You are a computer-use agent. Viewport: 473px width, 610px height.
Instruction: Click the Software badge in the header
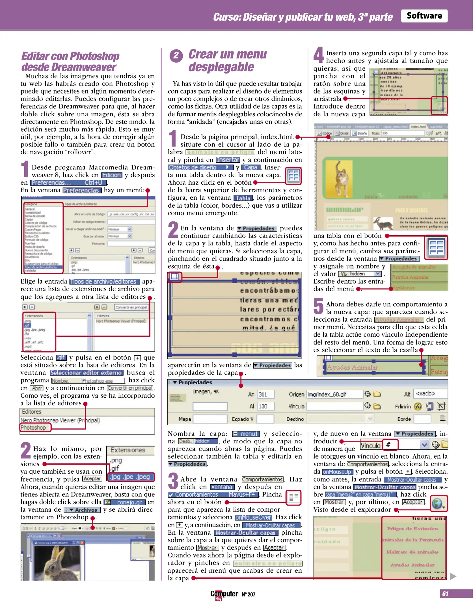pos(424,16)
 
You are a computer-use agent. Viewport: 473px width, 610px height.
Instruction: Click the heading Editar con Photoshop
pos(70,56)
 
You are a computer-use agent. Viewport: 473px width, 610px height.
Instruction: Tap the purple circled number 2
pos(176,55)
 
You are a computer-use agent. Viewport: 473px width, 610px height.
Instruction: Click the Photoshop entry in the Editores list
pos(33,428)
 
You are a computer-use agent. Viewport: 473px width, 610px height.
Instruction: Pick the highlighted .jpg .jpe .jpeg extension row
pos(131,477)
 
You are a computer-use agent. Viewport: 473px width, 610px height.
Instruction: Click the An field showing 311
pos(265,394)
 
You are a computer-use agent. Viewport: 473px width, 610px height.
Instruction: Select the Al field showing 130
pos(265,406)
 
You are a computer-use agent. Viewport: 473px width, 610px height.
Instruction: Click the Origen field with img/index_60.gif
pos(334,394)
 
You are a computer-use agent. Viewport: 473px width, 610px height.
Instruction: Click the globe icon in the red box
pos(438,504)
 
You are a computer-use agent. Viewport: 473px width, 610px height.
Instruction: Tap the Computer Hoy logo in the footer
pos(224,594)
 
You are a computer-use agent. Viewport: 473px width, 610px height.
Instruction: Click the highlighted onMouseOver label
pos(253,517)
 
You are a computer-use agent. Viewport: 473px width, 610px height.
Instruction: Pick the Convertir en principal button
pos(131,307)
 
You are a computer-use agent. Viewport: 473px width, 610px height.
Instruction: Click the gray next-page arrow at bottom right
pos(453,576)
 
